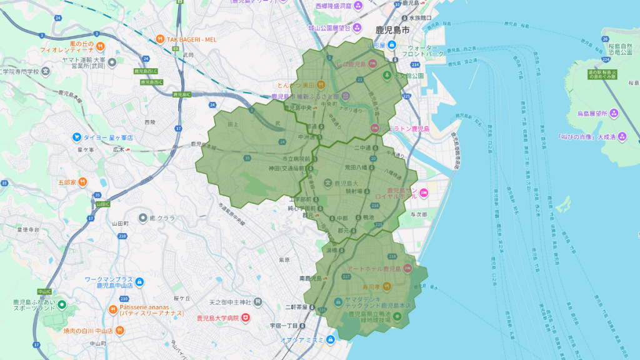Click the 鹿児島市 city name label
pos(392,30)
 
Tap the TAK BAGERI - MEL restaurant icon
pos(160,39)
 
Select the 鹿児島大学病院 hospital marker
pos(246,317)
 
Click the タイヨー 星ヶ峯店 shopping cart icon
pos(76,137)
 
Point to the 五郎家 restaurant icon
pos(82,182)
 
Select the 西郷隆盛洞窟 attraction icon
pos(358,6)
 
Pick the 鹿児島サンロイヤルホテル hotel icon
pos(424,192)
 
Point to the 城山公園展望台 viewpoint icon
pos(356,28)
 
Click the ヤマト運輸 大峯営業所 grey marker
pos(112,62)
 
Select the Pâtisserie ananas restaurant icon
pos(113,308)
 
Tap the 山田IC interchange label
pos(103,204)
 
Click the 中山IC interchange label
pos(44,292)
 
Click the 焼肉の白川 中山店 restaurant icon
pos(57,331)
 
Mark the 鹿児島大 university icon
pos(328,183)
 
